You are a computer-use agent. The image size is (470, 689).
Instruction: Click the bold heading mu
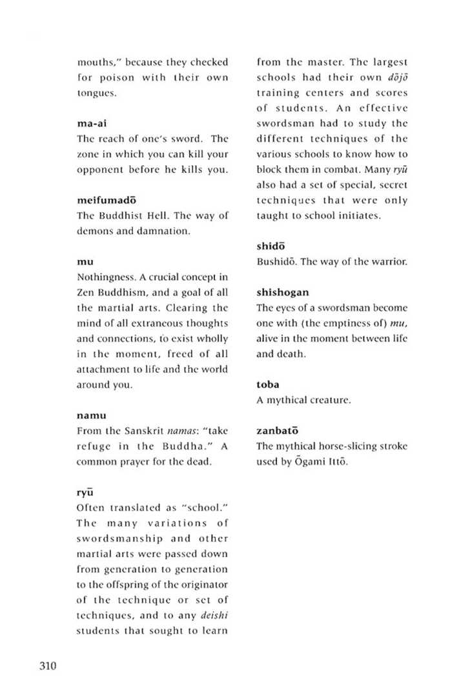pyautogui.click(x=85, y=261)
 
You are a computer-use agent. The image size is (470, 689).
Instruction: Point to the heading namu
pyautogui.click(x=91, y=415)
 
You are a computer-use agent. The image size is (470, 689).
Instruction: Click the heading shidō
pyautogui.click(x=271, y=246)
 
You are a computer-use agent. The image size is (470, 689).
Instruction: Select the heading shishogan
pyautogui.click(x=283, y=292)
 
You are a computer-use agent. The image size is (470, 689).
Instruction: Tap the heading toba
pyautogui.click(x=268, y=384)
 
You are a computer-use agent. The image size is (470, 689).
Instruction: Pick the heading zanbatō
pyautogui.click(x=278, y=430)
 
